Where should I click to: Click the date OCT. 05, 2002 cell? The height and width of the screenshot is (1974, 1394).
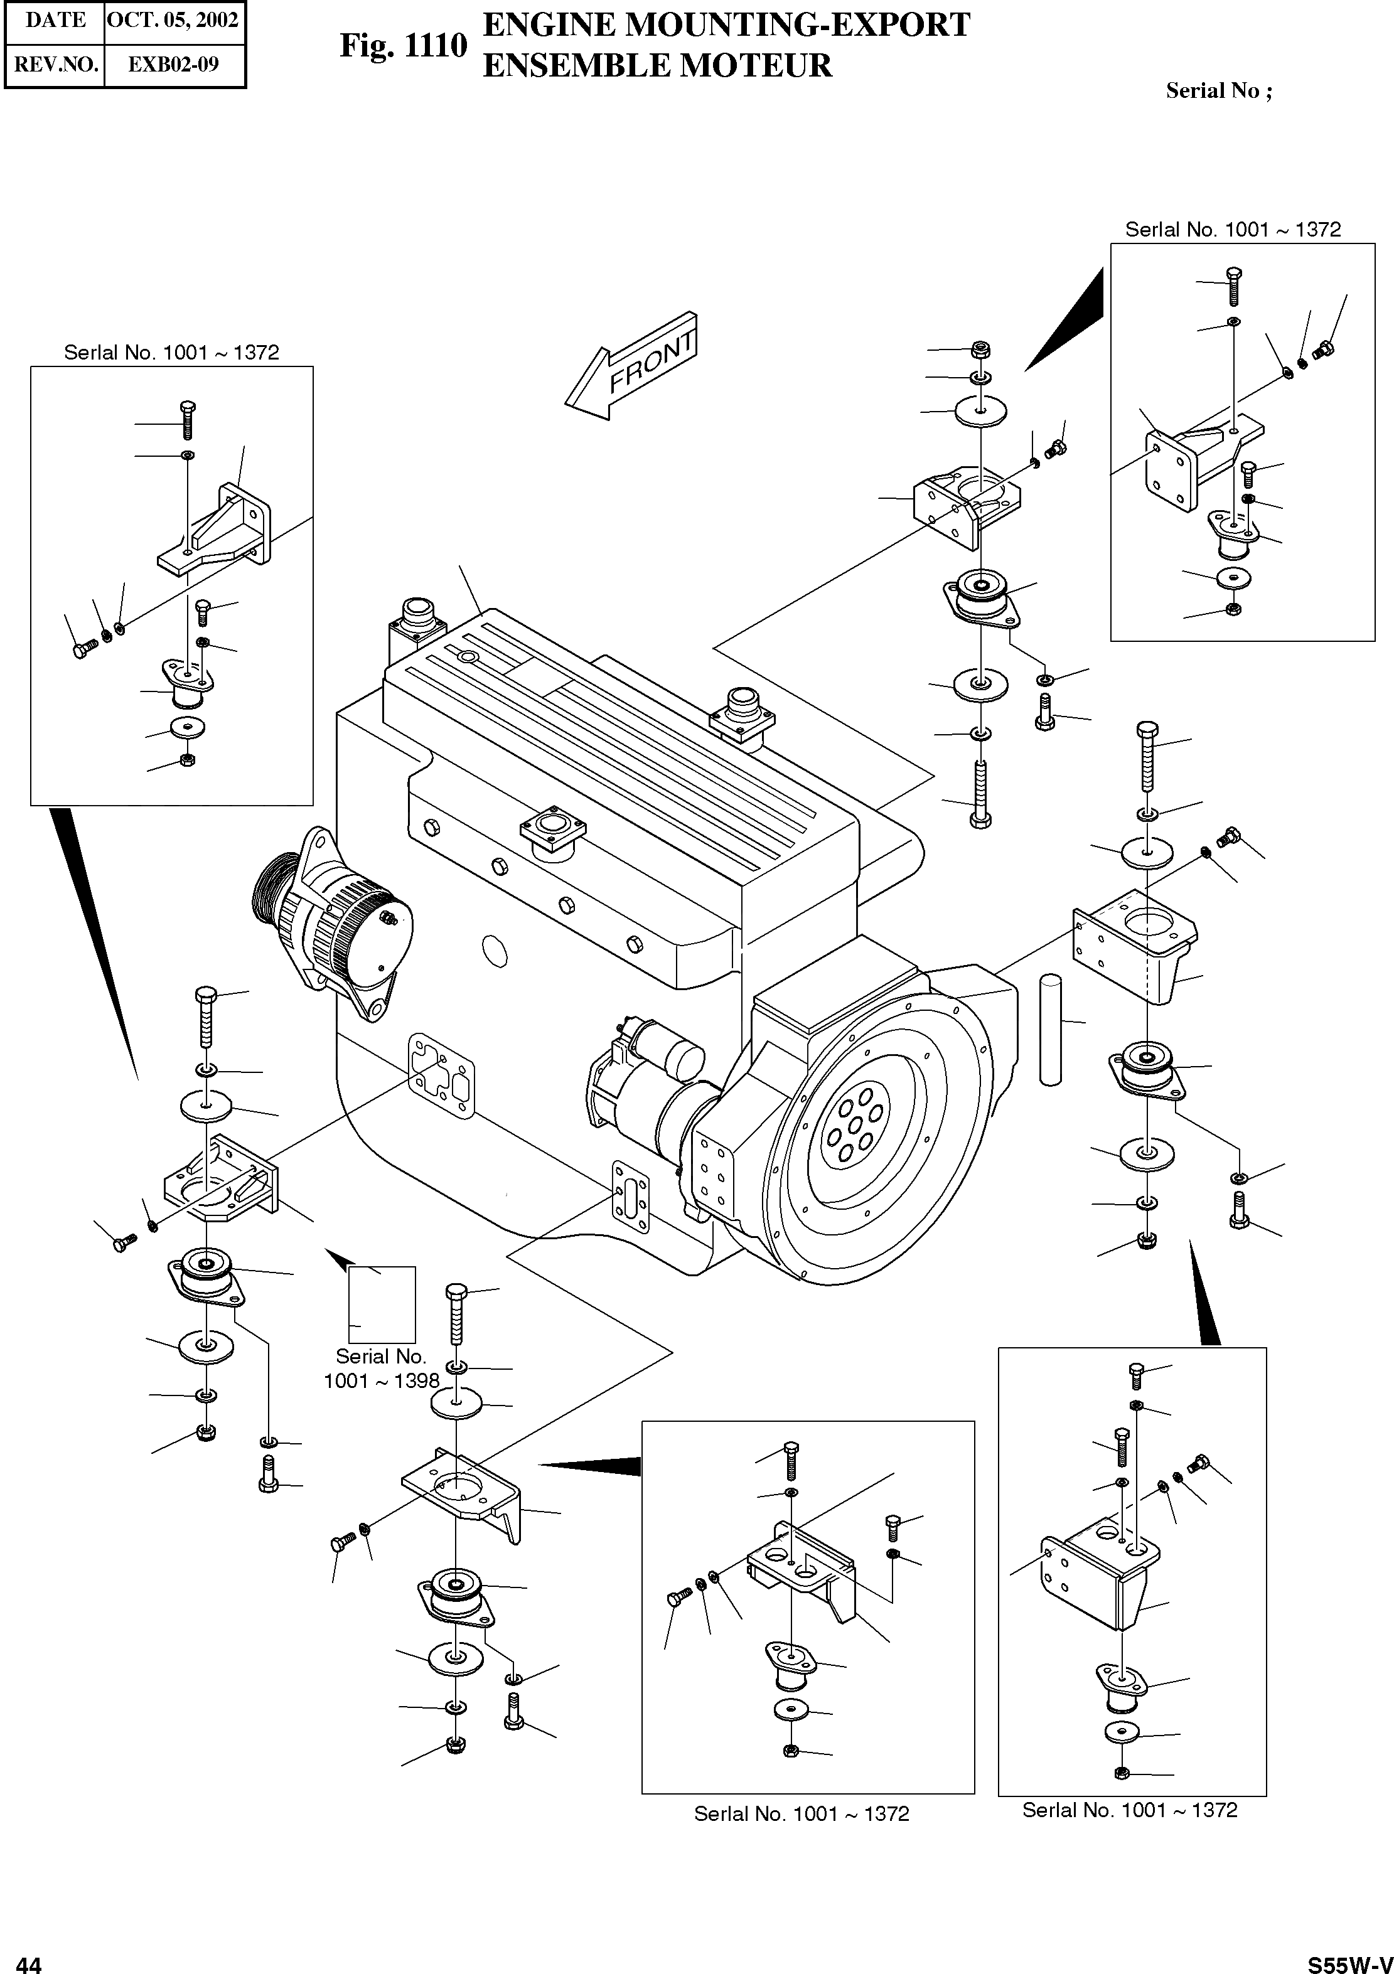tap(173, 21)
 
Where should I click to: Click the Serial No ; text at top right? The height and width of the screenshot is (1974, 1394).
tap(1218, 91)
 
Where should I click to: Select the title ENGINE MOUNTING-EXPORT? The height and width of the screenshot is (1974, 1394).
tap(727, 25)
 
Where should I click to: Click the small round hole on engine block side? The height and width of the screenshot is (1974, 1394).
tap(495, 951)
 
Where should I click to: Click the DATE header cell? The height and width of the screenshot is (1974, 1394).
tap(55, 21)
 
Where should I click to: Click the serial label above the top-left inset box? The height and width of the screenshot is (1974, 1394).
tap(171, 353)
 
